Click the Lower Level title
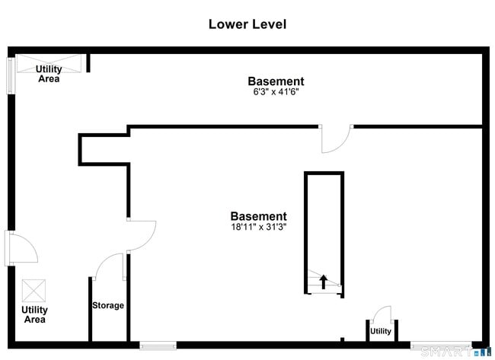(x=247, y=24)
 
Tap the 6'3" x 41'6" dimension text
(x=276, y=92)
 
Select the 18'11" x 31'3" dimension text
(x=259, y=227)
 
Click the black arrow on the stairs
(x=324, y=282)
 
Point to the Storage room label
(x=108, y=305)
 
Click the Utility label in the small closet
(x=381, y=331)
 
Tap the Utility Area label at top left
(x=49, y=74)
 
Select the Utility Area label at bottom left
(x=34, y=314)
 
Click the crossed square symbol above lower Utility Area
(x=34, y=291)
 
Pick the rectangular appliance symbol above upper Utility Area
(x=48, y=60)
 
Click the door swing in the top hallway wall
(x=336, y=138)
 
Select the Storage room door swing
(x=109, y=266)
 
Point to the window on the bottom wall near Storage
(x=158, y=346)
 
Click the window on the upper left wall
(x=11, y=73)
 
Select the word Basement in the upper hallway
(x=276, y=81)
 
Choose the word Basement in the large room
(x=259, y=216)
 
